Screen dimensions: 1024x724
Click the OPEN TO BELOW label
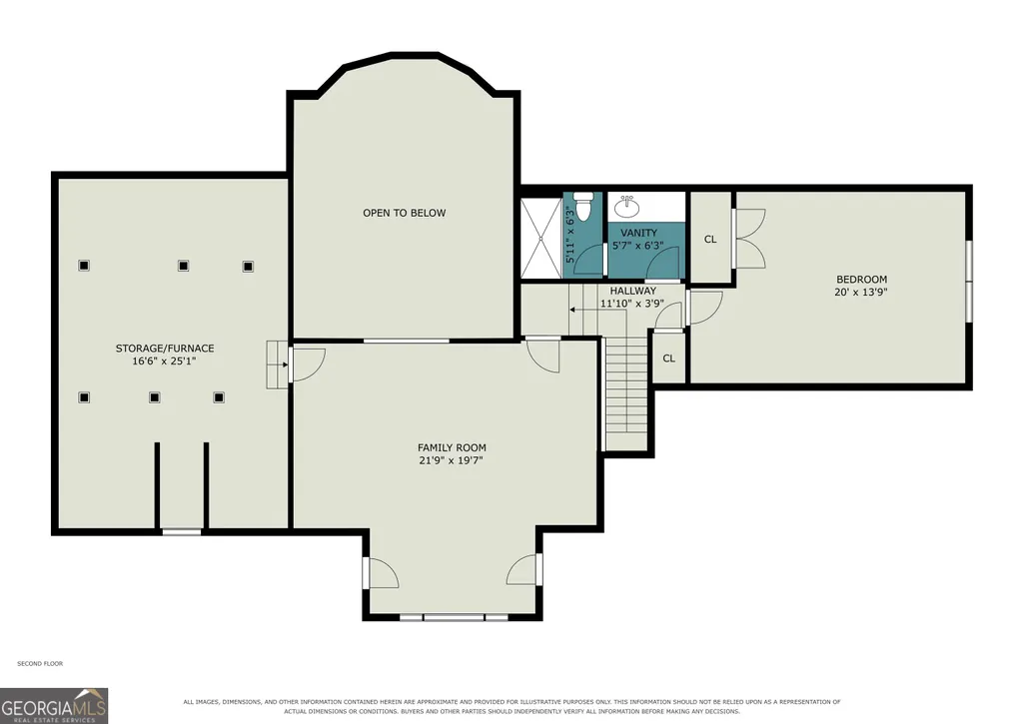(x=405, y=213)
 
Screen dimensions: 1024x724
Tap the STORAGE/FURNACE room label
(x=165, y=349)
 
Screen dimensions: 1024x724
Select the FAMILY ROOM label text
(x=452, y=447)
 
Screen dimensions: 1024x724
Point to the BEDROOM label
(x=861, y=280)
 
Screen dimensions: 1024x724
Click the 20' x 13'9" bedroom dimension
(x=861, y=293)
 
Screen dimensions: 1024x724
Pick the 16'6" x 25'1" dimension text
(x=165, y=362)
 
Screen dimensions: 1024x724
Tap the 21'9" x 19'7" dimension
(x=452, y=461)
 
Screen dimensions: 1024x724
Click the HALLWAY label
(x=632, y=291)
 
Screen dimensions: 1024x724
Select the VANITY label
(x=638, y=233)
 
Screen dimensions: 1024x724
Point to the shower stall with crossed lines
(x=541, y=238)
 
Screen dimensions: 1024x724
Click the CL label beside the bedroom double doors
(x=710, y=240)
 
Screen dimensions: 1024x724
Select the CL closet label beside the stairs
(x=668, y=359)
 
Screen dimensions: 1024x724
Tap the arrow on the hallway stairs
(x=598, y=309)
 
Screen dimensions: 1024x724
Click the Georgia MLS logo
(x=54, y=706)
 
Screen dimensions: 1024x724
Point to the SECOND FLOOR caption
(x=40, y=664)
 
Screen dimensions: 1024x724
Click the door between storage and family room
(x=307, y=364)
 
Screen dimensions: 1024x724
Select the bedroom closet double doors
(x=748, y=238)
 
